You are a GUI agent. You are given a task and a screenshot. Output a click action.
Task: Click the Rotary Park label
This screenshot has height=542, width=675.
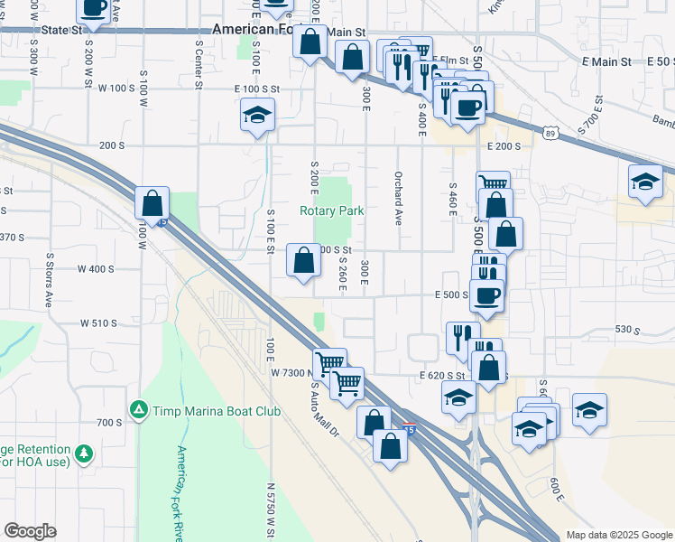pyautogui.click(x=332, y=211)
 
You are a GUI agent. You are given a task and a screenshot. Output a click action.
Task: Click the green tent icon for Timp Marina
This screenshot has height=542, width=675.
pyautogui.click(x=138, y=409)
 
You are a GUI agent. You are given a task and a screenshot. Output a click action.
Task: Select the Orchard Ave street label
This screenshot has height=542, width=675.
pyautogui.click(x=397, y=198)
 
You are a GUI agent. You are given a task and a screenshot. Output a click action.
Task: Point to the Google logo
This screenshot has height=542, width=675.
pyautogui.click(x=30, y=531)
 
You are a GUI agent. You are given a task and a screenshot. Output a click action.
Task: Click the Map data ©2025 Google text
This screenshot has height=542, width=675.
pyautogui.click(x=618, y=535)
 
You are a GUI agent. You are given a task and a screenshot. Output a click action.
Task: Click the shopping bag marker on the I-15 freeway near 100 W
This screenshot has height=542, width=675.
pyautogui.click(x=153, y=202)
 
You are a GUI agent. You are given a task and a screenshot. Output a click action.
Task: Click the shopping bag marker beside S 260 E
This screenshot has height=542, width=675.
pyautogui.click(x=304, y=261)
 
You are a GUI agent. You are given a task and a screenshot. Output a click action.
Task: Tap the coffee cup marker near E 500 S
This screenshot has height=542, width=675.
pyautogui.click(x=486, y=296)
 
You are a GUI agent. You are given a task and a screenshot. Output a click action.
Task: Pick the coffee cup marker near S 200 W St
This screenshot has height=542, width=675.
pyautogui.click(x=94, y=10)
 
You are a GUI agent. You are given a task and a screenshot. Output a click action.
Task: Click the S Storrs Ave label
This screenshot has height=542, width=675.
pyautogui.click(x=49, y=286)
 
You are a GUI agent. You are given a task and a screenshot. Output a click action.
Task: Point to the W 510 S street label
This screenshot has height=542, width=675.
pyautogui.click(x=99, y=322)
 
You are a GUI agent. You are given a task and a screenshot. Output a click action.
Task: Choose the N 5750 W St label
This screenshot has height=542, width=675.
pyautogui.click(x=270, y=509)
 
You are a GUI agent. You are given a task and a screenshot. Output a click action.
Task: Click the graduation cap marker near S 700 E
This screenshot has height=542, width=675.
pyautogui.click(x=646, y=182)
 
